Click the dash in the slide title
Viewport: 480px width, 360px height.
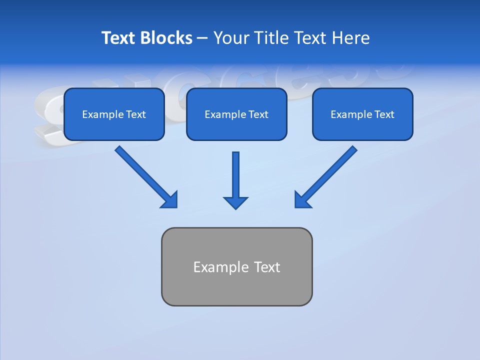click(202, 38)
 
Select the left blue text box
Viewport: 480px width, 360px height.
click(114, 114)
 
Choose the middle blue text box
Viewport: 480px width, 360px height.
click(236, 114)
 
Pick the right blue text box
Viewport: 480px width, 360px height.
click(362, 114)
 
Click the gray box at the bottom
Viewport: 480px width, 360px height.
click(236, 266)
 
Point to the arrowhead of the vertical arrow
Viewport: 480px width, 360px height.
click(235, 202)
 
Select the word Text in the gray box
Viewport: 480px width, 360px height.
click(267, 267)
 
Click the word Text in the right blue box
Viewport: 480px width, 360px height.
click(384, 114)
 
